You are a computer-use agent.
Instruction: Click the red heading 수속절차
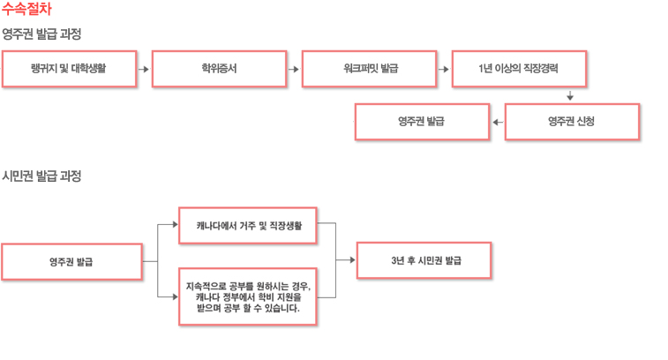pyautogui.click(x=26, y=9)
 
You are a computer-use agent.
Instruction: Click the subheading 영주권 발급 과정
pyautogui.click(x=41, y=34)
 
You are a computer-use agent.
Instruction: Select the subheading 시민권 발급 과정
pyautogui.click(x=41, y=176)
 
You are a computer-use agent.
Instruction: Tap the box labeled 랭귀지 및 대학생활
pyautogui.click(x=70, y=69)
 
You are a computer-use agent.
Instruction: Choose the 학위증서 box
pyautogui.click(x=220, y=69)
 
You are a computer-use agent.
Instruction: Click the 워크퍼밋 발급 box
pyautogui.click(x=370, y=69)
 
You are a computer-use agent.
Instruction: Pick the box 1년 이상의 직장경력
pyautogui.click(x=520, y=69)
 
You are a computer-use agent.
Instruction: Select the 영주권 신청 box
pyautogui.click(x=572, y=122)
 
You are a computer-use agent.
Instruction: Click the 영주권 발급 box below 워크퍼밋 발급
pyautogui.click(x=422, y=122)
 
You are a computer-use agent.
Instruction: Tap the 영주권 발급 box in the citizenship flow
pyautogui.click(x=72, y=261)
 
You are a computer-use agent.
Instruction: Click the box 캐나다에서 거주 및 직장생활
pyautogui.click(x=247, y=226)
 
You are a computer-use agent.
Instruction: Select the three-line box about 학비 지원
pyautogui.click(x=247, y=297)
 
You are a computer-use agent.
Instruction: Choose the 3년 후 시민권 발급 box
pyautogui.click(x=424, y=260)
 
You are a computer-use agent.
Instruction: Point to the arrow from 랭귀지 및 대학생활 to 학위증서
pyautogui.click(x=144, y=69)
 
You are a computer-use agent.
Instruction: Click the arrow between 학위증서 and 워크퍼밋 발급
pyautogui.click(x=294, y=69)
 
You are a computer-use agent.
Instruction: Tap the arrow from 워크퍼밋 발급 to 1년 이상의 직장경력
pyautogui.click(x=444, y=69)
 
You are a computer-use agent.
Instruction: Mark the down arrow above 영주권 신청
pyautogui.click(x=570, y=95)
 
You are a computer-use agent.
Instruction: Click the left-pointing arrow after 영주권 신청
pyautogui.click(x=498, y=123)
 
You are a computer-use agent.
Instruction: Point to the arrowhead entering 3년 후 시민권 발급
pyautogui.click(x=352, y=260)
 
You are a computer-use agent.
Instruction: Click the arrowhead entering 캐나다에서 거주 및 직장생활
pyautogui.click(x=175, y=224)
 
